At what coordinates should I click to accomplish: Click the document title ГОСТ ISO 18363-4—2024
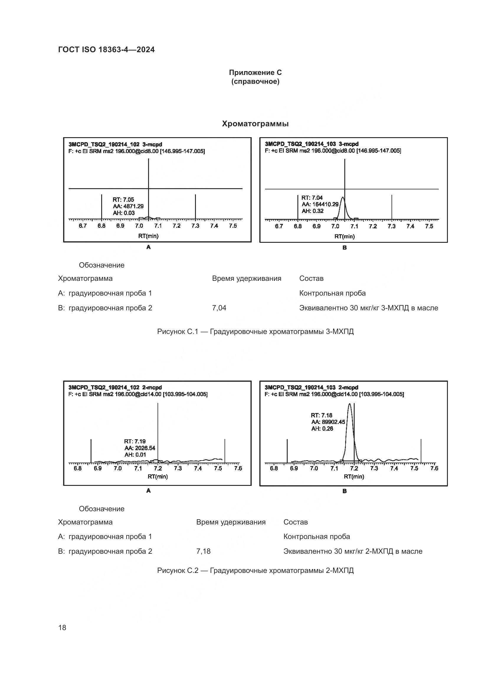[x=106, y=50]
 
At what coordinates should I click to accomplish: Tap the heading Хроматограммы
[x=255, y=124]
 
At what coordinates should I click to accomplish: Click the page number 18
[x=62, y=627]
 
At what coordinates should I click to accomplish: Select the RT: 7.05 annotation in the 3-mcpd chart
[x=123, y=199]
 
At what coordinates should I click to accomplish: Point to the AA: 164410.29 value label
[x=320, y=204]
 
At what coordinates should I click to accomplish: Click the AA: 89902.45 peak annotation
[x=328, y=422]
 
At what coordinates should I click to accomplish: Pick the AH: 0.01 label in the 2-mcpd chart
[x=135, y=455]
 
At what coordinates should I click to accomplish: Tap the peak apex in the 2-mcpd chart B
[x=349, y=404]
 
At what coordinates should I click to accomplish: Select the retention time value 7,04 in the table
[x=219, y=308]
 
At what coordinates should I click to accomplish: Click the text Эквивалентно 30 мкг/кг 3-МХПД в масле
[x=369, y=308]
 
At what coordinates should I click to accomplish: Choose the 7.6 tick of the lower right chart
[x=434, y=468]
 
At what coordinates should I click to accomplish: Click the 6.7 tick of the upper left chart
[x=83, y=226]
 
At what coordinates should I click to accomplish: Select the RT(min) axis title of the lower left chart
[x=158, y=476]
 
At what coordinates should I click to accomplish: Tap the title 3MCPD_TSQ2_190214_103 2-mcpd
[x=311, y=387]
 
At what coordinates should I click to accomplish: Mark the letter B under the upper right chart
[x=344, y=248]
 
